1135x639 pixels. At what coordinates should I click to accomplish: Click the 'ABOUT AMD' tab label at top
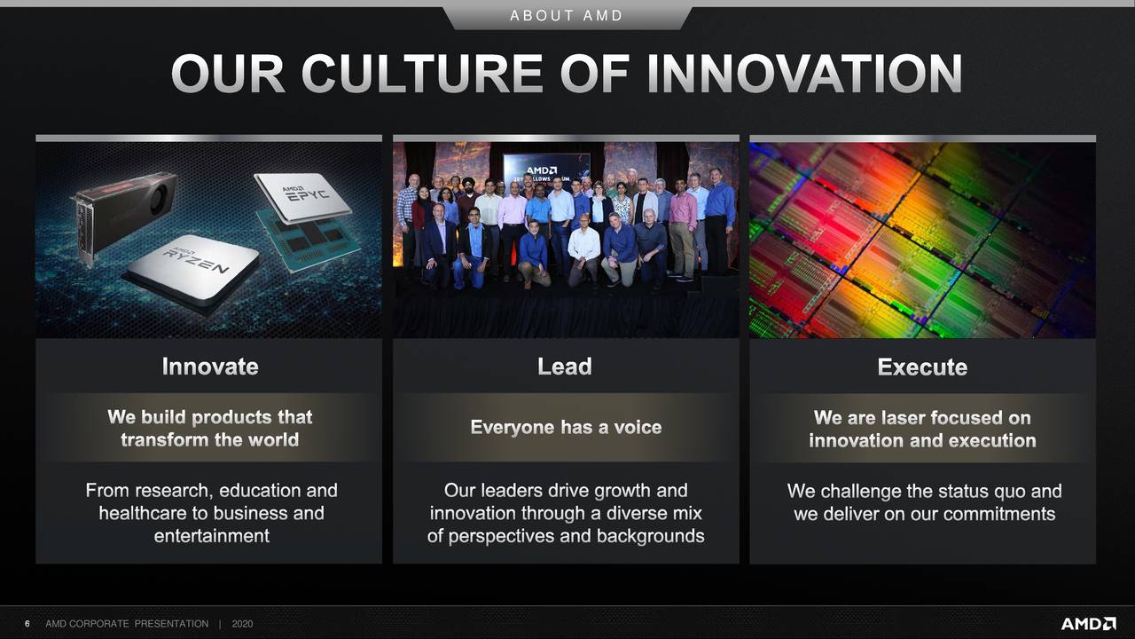click(567, 16)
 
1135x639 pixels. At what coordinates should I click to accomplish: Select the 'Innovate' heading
click(210, 367)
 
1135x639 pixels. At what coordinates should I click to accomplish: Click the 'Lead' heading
click(565, 367)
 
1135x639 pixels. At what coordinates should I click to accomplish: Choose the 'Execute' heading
click(922, 367)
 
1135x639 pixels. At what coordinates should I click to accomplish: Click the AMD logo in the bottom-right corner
click(1088, 624)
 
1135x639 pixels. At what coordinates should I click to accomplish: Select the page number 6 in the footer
click(27, 624)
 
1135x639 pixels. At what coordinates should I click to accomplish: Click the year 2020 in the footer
click(242, 624)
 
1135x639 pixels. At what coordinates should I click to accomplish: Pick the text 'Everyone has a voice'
click(566, 428)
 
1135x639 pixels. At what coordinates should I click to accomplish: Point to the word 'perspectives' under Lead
click(503, 536)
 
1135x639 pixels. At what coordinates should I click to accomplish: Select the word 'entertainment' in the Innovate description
click(211, 536)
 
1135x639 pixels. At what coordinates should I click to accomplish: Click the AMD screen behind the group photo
click(542, 169)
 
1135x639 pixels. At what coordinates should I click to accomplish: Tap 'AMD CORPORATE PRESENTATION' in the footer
click(127, 624)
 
